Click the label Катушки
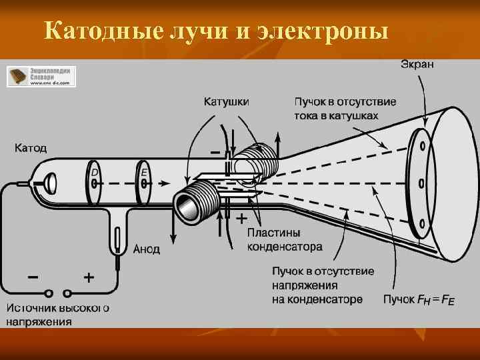(227, 102)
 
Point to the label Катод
(31, 147)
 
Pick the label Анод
(147, 249)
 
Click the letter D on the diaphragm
(95, 173)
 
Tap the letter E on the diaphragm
(144, 173)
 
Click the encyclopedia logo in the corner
(41, 76)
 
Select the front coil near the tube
(197, 203)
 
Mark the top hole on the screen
(421, 146)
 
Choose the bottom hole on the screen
(421, 223)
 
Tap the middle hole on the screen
(421, 183)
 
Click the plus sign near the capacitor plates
(241, 218)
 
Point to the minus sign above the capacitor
(215, 151)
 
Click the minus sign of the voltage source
(31, 275)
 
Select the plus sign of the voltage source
(88, 275)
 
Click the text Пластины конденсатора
(285, 240)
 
